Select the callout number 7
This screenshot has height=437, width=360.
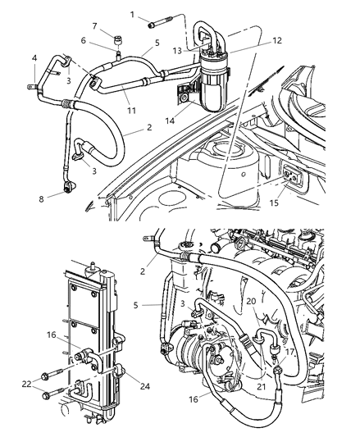[94, 26]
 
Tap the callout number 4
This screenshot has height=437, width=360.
[34, 57]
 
